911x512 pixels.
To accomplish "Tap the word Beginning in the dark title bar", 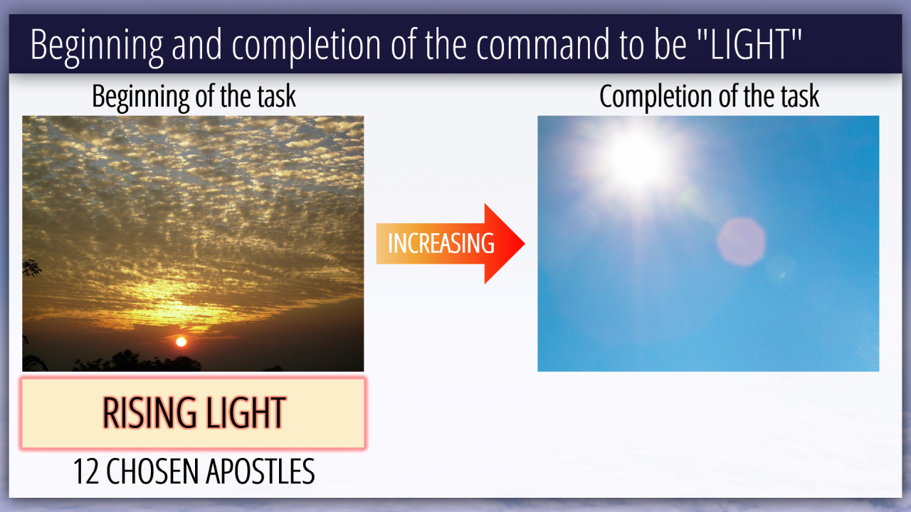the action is [97, 47].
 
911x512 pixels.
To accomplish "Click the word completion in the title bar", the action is [306, 47].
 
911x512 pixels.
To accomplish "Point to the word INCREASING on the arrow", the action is [441, 243].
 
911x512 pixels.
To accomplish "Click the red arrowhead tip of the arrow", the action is [525, 243].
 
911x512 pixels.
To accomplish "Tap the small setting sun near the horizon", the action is [181, 342].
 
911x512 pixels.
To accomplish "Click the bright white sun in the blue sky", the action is [636, 159].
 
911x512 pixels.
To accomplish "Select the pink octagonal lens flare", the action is [741, 242].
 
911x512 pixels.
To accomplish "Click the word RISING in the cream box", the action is [149, 413].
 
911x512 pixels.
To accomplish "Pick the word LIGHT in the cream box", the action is [246, 413].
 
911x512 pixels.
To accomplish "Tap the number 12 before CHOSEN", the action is [86, 471].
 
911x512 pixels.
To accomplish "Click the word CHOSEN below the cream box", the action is [152, 471].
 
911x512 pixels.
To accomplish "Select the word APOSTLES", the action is [260, 471].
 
